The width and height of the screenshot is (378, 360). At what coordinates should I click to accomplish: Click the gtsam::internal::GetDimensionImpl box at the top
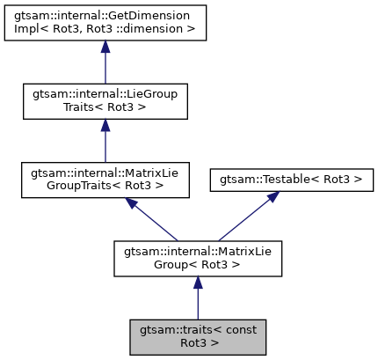(105, 22)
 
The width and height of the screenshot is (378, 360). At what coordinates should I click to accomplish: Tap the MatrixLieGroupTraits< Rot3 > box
(105, 180)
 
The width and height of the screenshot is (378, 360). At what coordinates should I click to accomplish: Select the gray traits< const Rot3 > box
(198, 336)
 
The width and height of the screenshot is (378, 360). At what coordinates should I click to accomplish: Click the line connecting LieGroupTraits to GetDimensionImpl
(105, 67)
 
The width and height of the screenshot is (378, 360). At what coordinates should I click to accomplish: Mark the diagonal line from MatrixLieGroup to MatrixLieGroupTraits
(156, 223)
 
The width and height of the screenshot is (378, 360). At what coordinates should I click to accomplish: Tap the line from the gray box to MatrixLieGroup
(198, 302)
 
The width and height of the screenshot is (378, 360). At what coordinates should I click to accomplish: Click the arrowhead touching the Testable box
(273, 199)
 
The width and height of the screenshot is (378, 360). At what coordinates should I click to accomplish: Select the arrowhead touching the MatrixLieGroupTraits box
(131, 204)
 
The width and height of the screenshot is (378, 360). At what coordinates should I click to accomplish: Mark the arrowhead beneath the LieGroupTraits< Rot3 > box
(105, 126)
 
